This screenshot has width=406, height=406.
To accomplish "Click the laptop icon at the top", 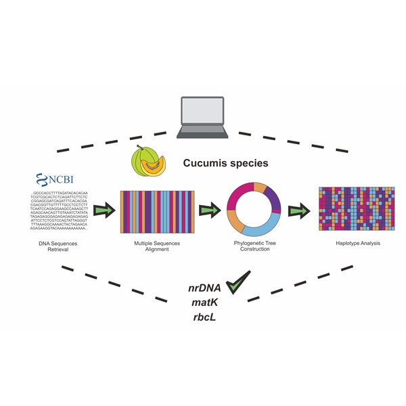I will click(x=203, y=115).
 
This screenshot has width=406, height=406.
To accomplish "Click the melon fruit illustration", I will click(x=148, y=163).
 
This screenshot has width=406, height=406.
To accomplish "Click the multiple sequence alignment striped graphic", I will click(x=157, y=212).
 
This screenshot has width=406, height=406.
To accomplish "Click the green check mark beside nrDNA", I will click(x=238, y=282).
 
